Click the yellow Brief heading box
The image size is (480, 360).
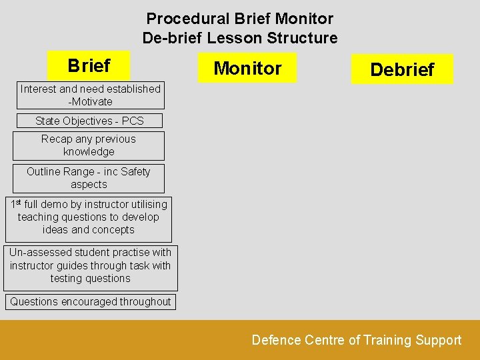click(89, 66)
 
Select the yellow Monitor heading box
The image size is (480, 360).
click(247, 68)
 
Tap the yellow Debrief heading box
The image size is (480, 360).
click(402, 69)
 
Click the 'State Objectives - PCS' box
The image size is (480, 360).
click(89, 121)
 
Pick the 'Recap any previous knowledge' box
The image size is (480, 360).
click(89, 145)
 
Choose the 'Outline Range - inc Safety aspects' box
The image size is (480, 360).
click(89, 178)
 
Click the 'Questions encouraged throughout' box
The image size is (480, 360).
click(90, 301)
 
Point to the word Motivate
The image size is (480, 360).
click(92, 102)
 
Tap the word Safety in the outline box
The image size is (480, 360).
click(135, 171)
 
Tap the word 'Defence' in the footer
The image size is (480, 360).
click(276, 340)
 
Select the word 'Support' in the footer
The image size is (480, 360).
click(438, 340)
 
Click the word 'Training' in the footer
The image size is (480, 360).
click(387, 340)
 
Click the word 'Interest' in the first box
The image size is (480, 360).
click(39, 89)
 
